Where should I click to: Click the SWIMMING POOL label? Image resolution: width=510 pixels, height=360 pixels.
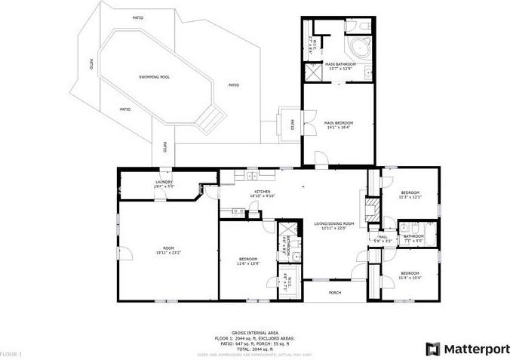point(154,77)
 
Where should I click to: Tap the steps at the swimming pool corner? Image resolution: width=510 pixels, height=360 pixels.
point(211,116)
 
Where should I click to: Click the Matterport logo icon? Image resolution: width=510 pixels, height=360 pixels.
point(432,349)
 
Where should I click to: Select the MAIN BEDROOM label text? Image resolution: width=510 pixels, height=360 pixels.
point(339,123)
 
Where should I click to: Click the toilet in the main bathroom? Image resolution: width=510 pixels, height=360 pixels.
point(364,26)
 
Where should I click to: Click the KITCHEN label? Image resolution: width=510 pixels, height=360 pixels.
point(263,192)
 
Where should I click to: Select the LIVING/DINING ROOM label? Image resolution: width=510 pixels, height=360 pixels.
point(334,223)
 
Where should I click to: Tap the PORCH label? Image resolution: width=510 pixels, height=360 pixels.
point(334,292)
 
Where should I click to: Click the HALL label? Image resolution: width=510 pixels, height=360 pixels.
point(382,236)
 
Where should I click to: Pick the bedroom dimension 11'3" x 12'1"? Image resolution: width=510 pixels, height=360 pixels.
point(410,197)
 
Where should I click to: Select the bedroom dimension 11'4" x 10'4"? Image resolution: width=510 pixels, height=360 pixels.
point(410,277)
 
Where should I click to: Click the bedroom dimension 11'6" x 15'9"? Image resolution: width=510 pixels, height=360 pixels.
point(248,264)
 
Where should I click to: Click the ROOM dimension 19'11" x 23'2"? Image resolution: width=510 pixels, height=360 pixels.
point(170,252)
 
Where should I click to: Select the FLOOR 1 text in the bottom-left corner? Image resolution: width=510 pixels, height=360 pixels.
point(11,353)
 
